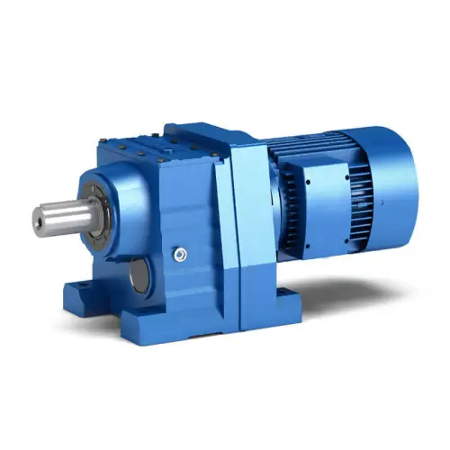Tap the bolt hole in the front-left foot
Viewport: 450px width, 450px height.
click(x=74, y=288)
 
